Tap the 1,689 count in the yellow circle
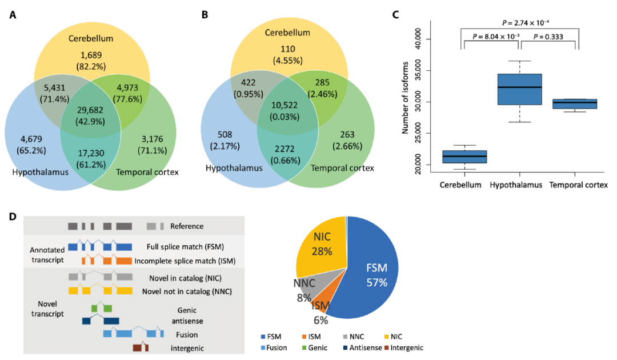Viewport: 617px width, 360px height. [x=91, y=56]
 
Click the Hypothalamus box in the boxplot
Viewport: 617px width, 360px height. [x=519, y=89]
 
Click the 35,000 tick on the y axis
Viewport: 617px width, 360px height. [x=420, y=70]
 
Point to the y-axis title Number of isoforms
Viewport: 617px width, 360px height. [x=405, y=97]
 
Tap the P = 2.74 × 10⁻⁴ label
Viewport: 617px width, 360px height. [x=526, y=23]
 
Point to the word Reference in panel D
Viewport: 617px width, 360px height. [x=186, y=226]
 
